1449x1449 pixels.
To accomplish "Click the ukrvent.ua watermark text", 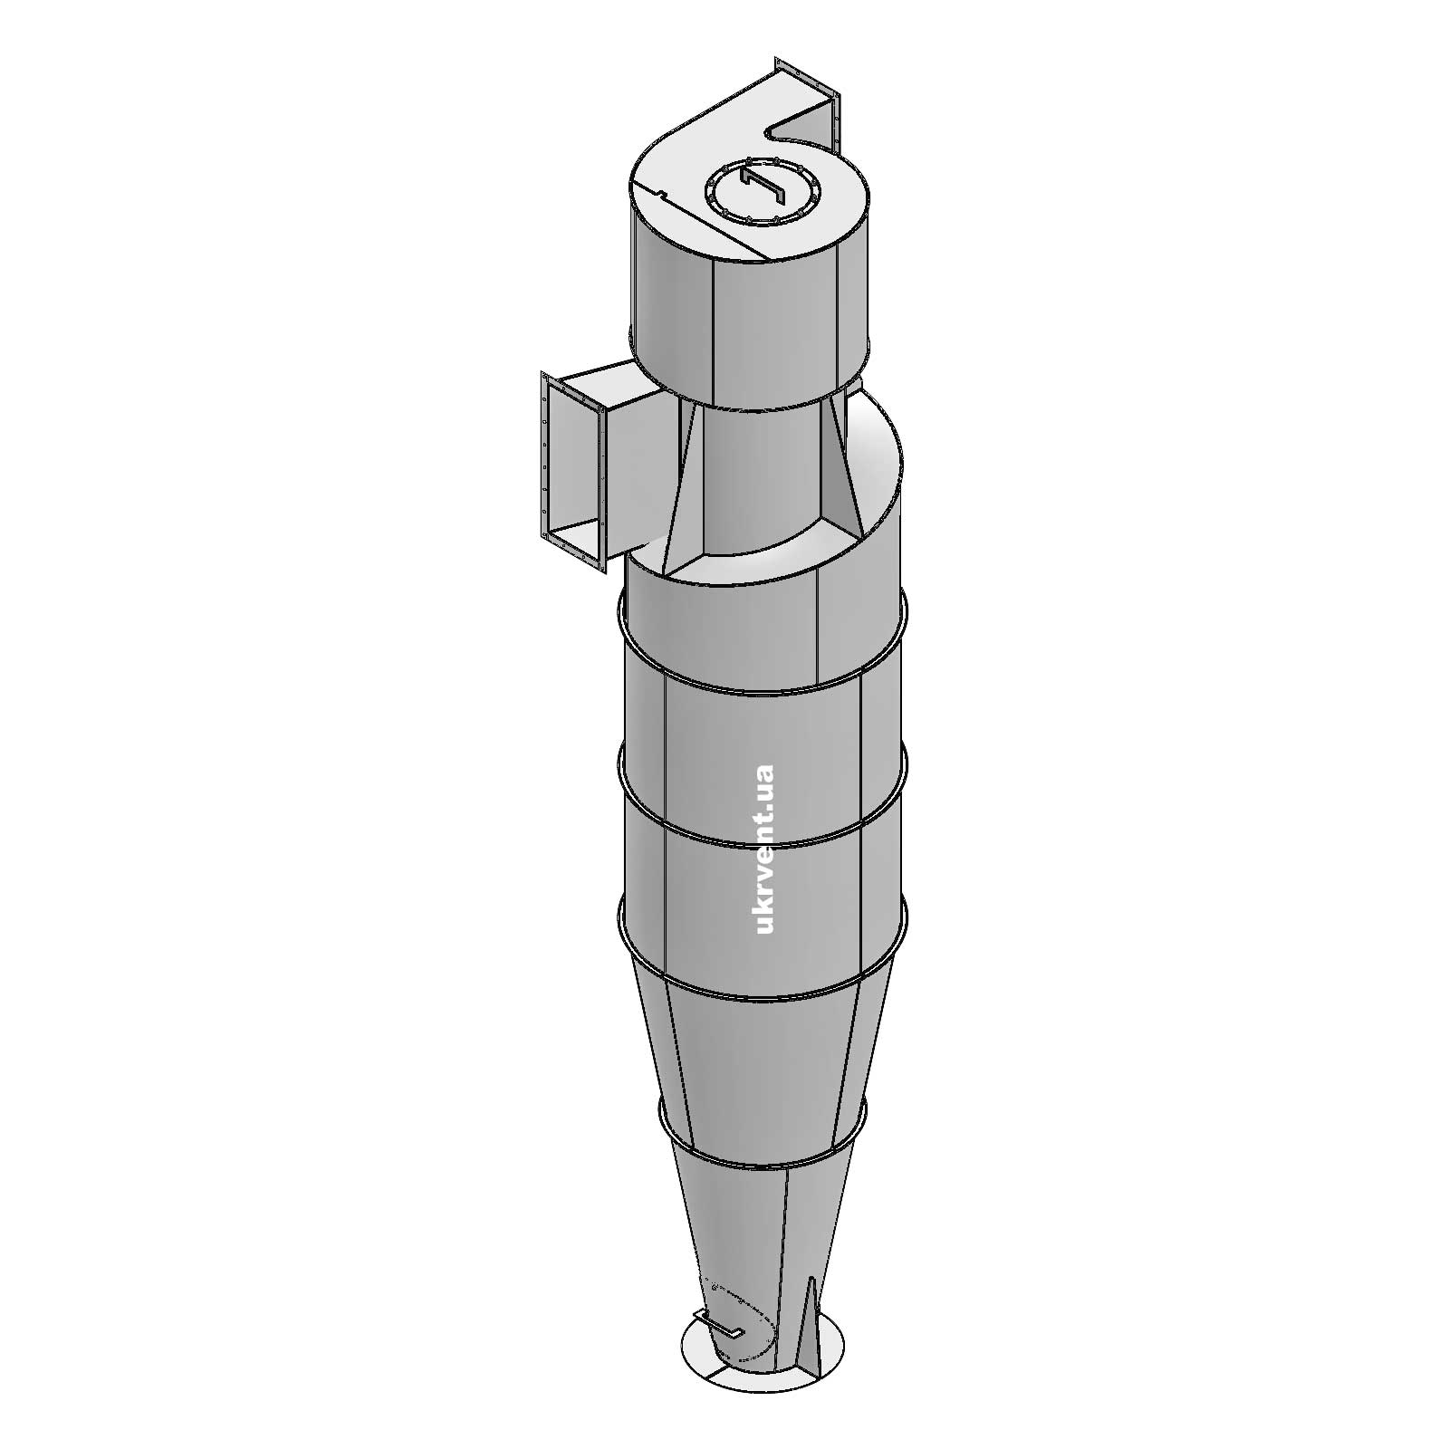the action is pyautogui.click(x=763, y=849).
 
